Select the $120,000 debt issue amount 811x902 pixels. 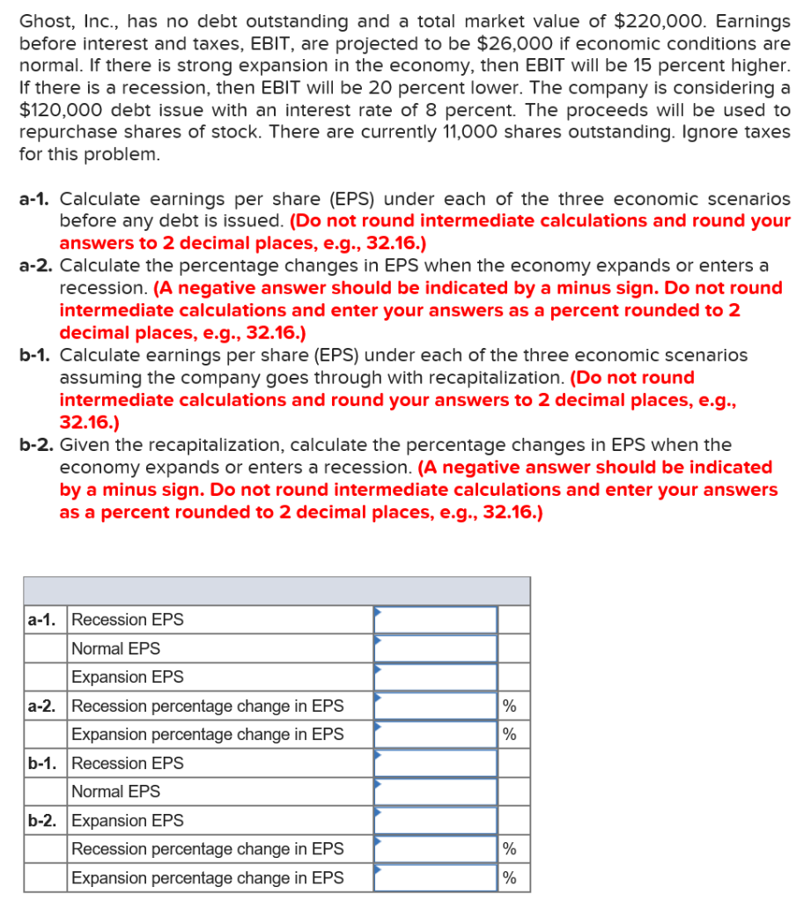coord(60,110)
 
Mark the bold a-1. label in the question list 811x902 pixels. coord(36,199)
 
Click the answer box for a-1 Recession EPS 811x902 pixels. coord(435,619)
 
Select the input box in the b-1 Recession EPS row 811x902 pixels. coord(435,763)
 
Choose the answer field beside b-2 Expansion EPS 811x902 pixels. coord(435,820)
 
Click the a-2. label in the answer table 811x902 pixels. coord(43,706)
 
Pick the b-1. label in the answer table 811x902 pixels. coord(43,763)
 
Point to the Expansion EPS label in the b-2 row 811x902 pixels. coord(127,820)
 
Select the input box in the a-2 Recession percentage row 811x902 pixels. coord(435,706)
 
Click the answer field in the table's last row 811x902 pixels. coord(435,877)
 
